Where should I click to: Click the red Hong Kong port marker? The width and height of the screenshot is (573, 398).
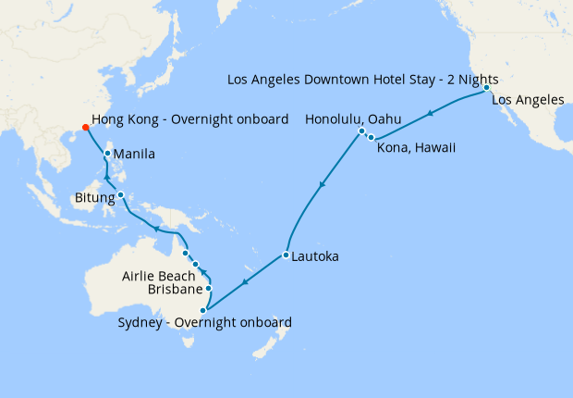click(85, 127)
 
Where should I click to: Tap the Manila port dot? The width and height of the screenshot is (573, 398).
click(108, 154)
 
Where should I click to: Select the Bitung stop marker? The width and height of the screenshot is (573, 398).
click(120, 194)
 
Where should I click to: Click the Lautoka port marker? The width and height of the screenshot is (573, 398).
click(286, 255)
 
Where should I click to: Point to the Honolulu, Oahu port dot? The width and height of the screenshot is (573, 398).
click(361, 131)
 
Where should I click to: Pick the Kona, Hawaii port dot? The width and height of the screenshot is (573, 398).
click(370, 137)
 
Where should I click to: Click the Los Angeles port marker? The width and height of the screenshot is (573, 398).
click(486, 88)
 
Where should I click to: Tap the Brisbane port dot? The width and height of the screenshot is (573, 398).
click(209, 288)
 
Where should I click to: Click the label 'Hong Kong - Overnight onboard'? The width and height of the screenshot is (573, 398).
click(191, 118)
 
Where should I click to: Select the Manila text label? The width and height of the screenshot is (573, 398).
click(134, 154)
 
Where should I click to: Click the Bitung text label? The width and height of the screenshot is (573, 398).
click(93, 197)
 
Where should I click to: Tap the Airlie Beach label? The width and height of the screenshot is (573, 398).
click(159, 276)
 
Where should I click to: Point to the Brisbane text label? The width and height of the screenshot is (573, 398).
click(176, 290)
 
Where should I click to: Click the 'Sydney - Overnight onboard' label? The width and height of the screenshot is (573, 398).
click(205, 322)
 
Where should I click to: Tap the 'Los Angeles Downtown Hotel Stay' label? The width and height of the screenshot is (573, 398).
click(363, 80)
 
